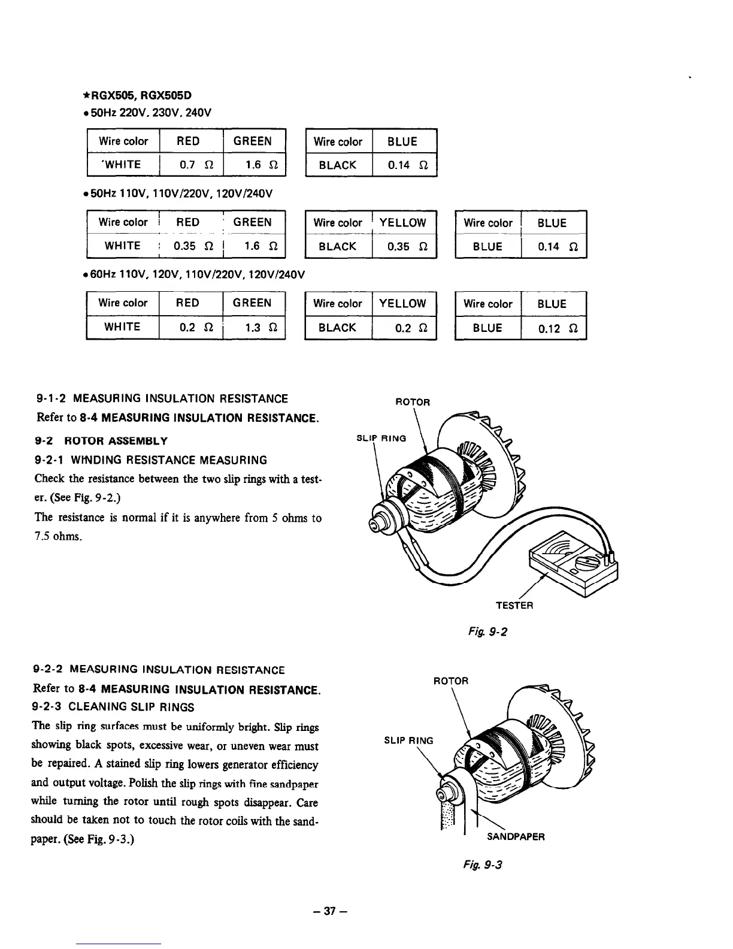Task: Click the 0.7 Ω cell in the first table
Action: pos(191,165)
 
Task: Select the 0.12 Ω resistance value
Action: pos(555,328)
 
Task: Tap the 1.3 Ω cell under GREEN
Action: pos(255,327)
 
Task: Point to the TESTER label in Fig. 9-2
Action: pos(514,605)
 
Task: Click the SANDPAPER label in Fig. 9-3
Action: pos(516,836)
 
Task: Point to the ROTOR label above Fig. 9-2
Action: pos(413,402)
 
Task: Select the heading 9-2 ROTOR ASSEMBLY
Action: pos(102,441)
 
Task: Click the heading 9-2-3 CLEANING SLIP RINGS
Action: pos(115,707)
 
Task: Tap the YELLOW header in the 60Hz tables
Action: pos(402,303)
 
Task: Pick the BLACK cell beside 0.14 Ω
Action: pos(338,165)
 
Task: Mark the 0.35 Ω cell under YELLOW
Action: pos(402,246)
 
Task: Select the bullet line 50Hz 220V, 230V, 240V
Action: pos(148,113)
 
